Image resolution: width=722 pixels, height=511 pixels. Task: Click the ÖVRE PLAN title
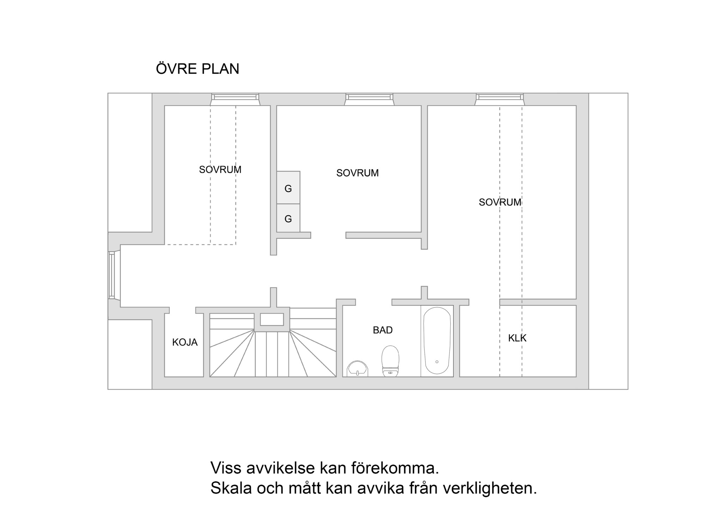tap(197, 68)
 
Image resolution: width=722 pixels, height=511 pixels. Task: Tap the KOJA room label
tap(185, 342)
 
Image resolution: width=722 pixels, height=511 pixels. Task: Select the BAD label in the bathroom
tap(383, 330)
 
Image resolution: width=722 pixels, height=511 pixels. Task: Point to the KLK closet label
tap(517, 338)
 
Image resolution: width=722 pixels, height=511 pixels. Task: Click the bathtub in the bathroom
tap(437, 341)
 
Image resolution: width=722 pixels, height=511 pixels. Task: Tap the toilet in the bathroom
tap(390, 361)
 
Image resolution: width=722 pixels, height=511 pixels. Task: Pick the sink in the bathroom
tap(357, 369)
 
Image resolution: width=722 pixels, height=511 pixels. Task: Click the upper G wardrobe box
tap(288, 187)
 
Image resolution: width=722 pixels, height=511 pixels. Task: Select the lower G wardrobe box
tap(288, 218)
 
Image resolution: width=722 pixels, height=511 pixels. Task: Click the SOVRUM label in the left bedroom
tap(220, 170)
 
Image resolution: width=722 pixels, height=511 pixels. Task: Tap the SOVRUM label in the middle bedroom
tap(357, 173)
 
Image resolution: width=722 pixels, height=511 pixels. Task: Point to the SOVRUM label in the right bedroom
tap(500, 202)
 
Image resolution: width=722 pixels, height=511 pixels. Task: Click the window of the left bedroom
tap(235, 99)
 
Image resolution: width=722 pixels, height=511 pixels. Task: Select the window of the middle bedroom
tap(369, 99)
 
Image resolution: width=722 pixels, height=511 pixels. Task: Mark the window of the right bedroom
tap(500, 99)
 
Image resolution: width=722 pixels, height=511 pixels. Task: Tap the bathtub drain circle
tap(437, 362)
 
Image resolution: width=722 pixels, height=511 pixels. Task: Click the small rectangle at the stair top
tap(272, 319)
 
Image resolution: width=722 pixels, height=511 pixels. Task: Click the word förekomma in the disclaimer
tap(395, 468)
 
